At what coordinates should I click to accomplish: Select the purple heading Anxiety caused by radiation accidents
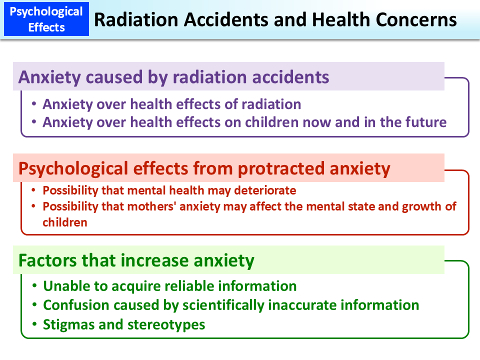173,77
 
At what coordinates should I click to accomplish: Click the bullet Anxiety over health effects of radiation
171,104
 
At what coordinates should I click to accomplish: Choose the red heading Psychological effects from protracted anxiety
203,168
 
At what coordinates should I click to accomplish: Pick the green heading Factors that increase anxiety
136,260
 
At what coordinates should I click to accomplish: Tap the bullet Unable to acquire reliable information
169,286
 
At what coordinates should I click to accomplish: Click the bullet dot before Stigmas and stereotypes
34,323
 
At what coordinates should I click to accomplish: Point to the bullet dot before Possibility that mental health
33,190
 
